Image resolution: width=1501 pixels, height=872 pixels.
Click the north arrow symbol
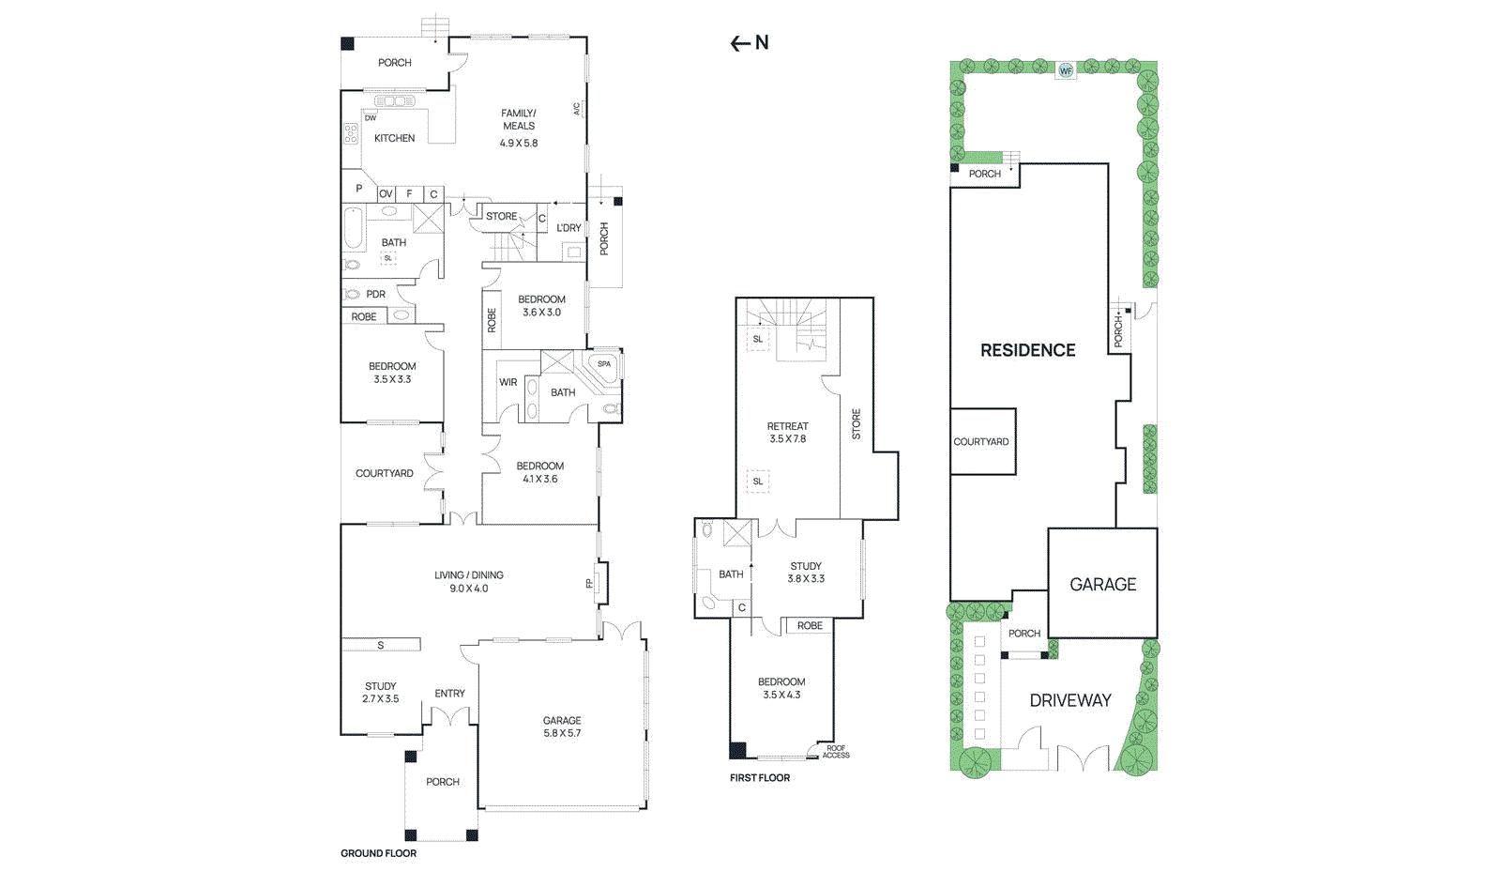[x=749, y=43]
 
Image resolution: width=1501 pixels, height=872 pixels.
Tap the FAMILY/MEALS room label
[x=519, y=120]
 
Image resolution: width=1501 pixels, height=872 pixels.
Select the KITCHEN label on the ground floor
[x=394, y=138]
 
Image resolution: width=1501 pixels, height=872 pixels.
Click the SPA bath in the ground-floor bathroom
[x=604, y=364]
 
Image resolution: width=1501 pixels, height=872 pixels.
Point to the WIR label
[x=508, y=382]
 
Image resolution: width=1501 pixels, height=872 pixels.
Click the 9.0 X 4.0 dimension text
[x=468, y=589]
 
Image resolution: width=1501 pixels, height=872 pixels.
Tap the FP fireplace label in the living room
[x=589, y=583]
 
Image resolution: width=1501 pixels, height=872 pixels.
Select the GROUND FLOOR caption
[x=378, y=853]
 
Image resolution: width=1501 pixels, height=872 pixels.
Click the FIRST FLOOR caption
[x=760, y=777]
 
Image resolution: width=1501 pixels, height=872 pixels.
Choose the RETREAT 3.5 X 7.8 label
[x=787, y=433]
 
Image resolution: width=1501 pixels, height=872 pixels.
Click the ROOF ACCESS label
[x=836, y=752]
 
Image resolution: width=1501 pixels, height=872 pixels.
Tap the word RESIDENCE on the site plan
[x=1027, y=350]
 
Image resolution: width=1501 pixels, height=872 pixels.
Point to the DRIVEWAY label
[x=1069, y=700]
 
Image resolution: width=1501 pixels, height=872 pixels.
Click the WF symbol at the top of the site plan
[x=1066, y=70]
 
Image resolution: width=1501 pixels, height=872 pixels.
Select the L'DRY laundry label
[x=569, y=228]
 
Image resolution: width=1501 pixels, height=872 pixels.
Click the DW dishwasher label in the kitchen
[x=371, y=118]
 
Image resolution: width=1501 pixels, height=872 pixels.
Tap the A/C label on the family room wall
[x=577, y=109]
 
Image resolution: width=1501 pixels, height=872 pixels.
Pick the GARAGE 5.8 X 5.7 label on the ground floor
[x=562, y=727]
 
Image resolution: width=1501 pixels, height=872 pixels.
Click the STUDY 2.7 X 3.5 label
[x=380, y=693]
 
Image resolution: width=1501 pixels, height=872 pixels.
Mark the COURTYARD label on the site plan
[x=981, y=441]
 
